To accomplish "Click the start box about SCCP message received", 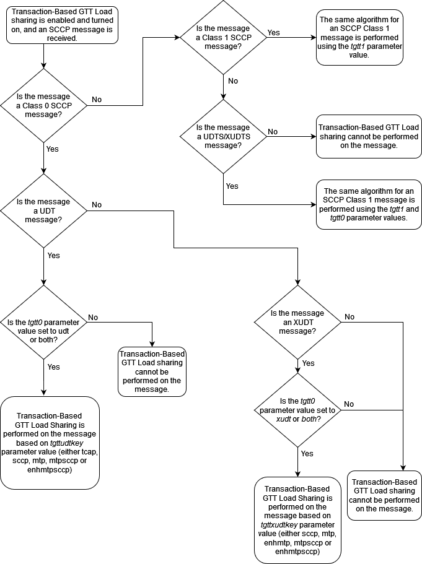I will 62,25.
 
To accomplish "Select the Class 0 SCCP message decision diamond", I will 43,105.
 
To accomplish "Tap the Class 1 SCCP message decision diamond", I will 223,37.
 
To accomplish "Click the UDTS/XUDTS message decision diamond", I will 223,136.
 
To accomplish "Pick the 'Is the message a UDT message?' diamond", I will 43,210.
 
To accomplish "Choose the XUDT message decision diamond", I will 298,322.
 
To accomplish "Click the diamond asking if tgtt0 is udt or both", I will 43,322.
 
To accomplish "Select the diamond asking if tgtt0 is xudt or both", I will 298,410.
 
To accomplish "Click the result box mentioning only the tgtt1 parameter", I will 359,37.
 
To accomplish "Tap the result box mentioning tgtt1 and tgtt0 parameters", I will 359,204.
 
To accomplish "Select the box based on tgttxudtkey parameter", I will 297,520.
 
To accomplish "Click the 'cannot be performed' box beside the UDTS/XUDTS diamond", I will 359,136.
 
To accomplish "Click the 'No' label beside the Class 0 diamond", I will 97,99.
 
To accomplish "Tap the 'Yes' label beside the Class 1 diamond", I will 273,32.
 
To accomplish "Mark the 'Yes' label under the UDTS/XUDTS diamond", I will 232,186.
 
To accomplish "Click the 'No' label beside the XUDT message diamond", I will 349,317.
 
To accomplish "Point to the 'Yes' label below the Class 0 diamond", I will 53,149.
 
